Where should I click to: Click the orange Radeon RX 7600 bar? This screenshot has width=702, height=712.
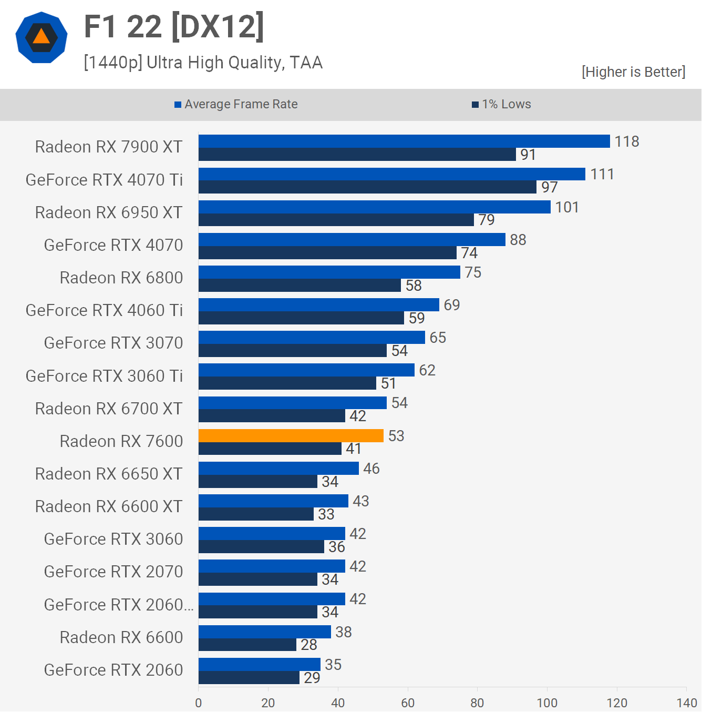coord(291,435)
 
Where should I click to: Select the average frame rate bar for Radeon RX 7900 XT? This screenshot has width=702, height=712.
coord(404,141)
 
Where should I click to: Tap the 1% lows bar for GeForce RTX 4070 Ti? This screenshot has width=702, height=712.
coord(367,187)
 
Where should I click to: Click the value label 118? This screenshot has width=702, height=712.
coord(627,141)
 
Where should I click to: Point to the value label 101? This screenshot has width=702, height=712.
coord(567,207)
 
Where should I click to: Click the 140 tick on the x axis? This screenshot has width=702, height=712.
coord(687,703)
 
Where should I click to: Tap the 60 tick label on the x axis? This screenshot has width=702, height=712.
coord(408,703)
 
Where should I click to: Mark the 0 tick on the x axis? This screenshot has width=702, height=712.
coord(198,703)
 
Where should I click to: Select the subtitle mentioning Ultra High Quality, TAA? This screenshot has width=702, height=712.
coord(203,63)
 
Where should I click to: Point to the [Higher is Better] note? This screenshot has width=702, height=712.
coord(633,72)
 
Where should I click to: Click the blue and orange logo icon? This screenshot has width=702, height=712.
coord(42,37)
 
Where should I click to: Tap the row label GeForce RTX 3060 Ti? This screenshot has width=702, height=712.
coord(104,376)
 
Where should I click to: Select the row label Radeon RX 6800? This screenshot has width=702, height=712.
coord(121,278)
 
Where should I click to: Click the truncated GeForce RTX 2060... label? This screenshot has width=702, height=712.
coord(119,605)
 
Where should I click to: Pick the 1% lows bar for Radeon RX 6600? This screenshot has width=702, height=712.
coord(247,645)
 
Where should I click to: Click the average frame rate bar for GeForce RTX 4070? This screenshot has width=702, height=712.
coord(352,239)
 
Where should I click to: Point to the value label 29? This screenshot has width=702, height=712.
coord(312,678)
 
